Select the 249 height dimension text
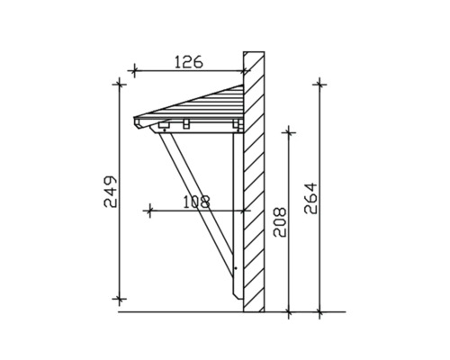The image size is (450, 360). coord(110,191)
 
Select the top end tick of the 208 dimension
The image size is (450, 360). coord(288,131)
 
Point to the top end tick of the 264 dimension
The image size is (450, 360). coord(319,84)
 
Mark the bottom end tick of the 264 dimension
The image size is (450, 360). coord(319,313)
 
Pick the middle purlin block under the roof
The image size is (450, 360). coord(185,123)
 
